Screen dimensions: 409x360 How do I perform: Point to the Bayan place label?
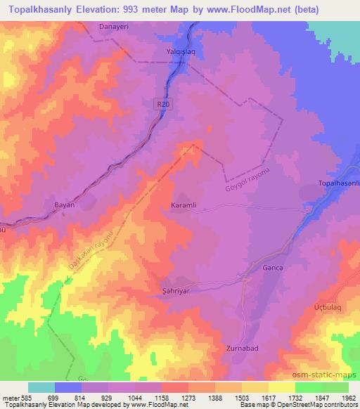(x=65, y=204)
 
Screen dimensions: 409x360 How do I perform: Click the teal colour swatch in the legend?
(x=41, y=387)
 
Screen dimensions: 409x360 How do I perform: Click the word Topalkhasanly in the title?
(x=44, y=10)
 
